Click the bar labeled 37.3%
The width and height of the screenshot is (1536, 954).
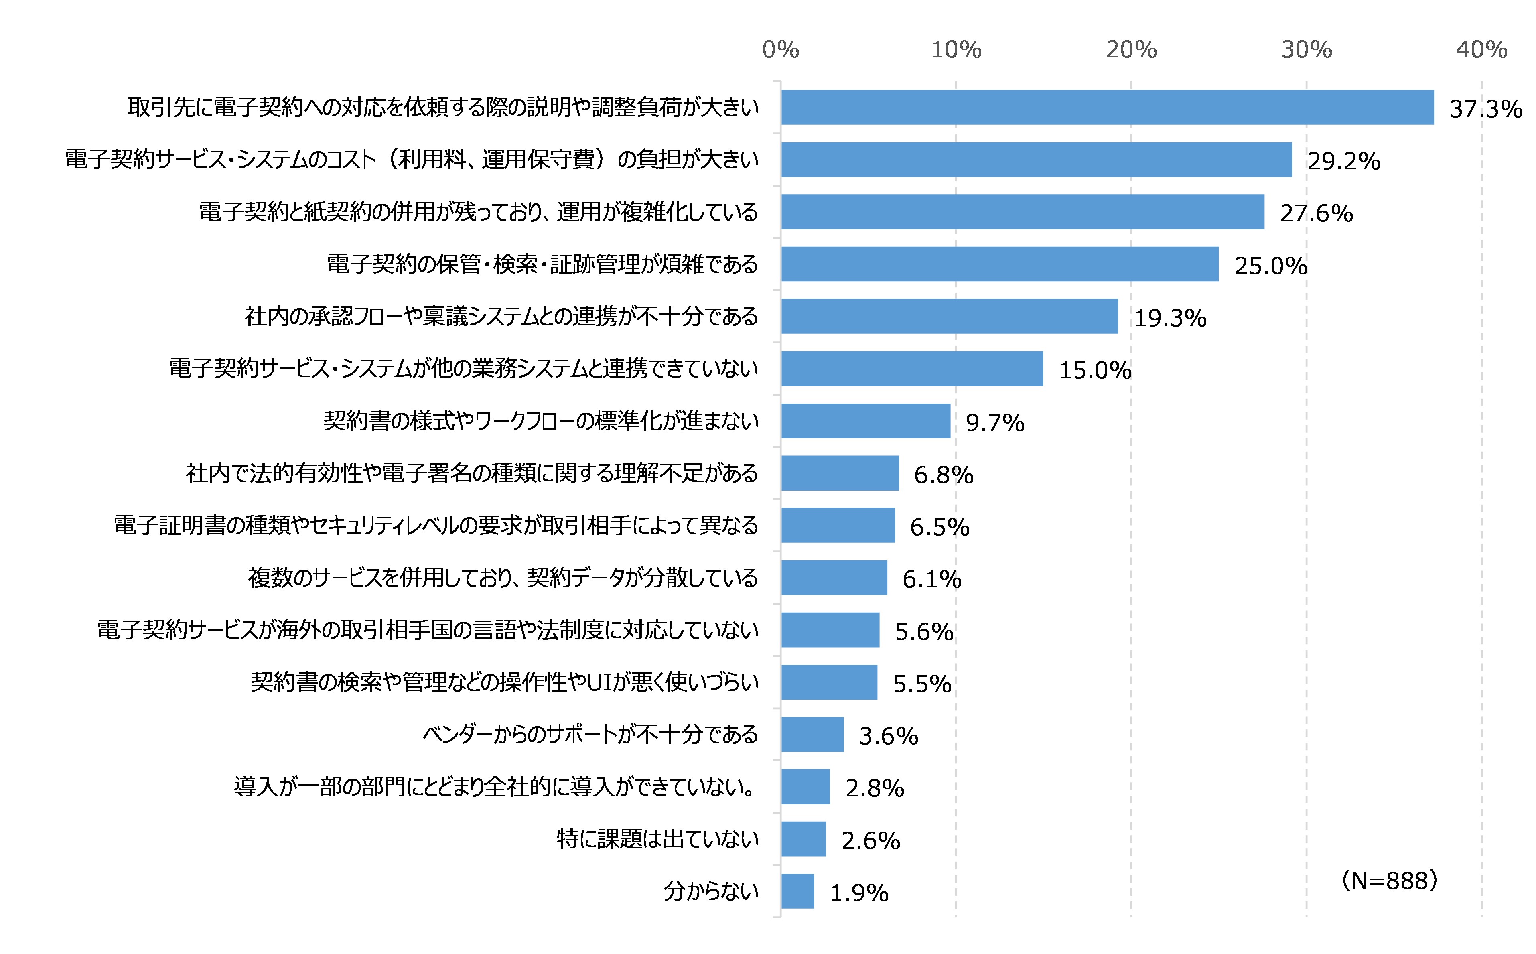click(1107, 107)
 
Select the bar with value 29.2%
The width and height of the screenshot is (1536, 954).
click(1036, 160)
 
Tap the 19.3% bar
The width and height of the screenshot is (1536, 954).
click(950, 316)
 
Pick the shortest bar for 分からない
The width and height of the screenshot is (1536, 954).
click(797, 891)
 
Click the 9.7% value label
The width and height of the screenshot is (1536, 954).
click(995, 423)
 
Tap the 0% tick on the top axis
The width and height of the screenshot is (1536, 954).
click(780, 49)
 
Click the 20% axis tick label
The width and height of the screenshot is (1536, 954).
click(1131, 49)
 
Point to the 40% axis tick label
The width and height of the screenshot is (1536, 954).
click(1481, 49)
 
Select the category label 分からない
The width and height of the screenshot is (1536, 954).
click(710, 891)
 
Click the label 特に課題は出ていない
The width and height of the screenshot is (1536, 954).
click(657, 839)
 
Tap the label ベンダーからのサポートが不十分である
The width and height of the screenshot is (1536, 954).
click(590, 735)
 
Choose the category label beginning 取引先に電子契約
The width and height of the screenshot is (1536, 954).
click(443, 107)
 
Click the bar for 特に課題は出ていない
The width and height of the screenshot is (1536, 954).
click(803, 839)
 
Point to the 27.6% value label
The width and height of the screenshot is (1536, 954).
click(1316, 214)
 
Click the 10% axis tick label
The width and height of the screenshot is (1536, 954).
click(956, 49)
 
